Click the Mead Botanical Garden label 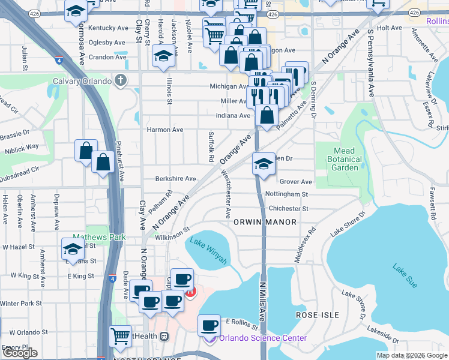click(345, 160)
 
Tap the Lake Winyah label click(208, 250)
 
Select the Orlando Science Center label click(263, 338)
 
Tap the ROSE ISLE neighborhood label click(318, 315)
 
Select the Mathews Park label click(99, 237)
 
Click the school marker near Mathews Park click(73, 248)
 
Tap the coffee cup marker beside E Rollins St click(209, 325)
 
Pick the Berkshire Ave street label click(176, 179)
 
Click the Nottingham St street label click(287, 194)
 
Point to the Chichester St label click(289, 209)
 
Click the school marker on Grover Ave click(262, 163)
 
